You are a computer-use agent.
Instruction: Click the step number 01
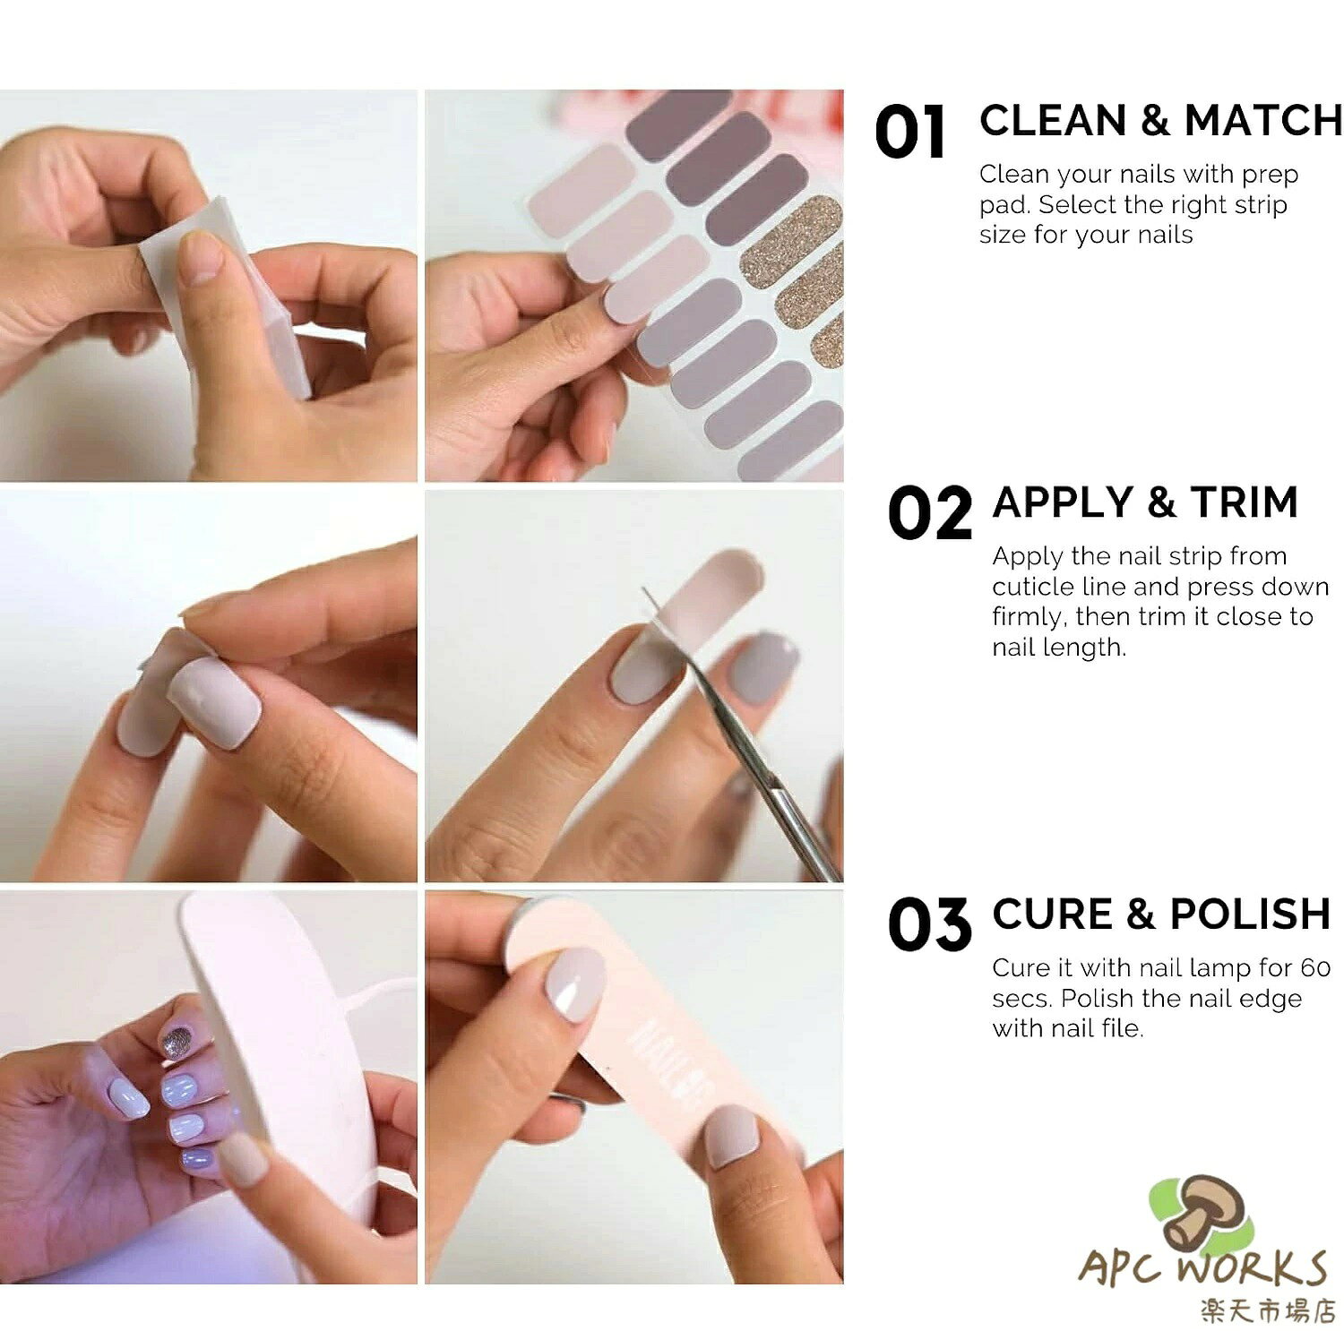click(x=909, y=133)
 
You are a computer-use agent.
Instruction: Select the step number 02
click(x=929, y=513)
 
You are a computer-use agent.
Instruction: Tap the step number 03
click(x=929, y=925)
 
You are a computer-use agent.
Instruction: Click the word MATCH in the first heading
click(x=1263, y=121)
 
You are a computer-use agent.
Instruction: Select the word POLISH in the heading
click(x=1250, y=914)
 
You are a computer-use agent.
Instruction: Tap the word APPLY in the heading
click(x=1058, y=502)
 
